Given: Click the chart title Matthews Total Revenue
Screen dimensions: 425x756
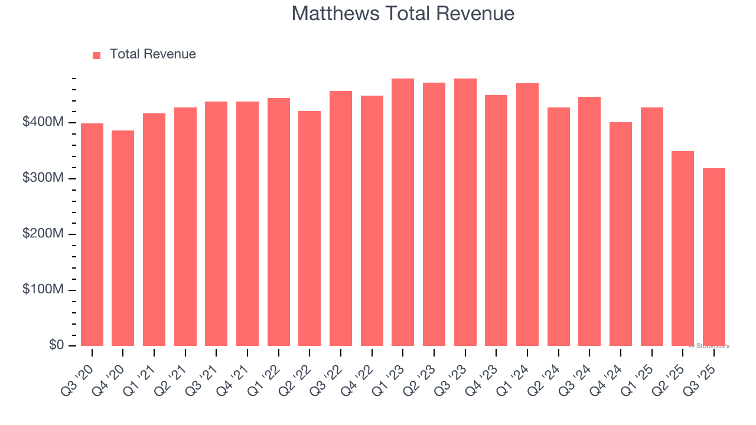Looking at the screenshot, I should coord(403,14).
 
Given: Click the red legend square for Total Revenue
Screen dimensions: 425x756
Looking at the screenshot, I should coord(97,55).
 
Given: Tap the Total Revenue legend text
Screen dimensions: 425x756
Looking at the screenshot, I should coord(152,54).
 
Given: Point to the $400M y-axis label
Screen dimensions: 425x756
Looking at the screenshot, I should coord(44,122).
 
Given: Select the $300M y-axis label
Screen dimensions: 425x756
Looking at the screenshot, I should coord(44,178).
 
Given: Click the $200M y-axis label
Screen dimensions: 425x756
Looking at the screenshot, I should coord(44,234).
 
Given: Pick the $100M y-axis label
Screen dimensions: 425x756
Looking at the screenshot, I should coord(44,290).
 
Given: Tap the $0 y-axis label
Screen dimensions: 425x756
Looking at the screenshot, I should coord(57,345).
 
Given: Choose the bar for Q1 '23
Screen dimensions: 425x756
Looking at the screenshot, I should coord(403,212).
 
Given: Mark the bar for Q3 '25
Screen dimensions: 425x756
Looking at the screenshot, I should coord(713,257).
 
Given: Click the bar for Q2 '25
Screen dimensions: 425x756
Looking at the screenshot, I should coord(683,249).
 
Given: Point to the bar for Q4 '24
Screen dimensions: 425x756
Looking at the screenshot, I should coord(620,234).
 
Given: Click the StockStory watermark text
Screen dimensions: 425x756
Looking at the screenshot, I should coord(709,346).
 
